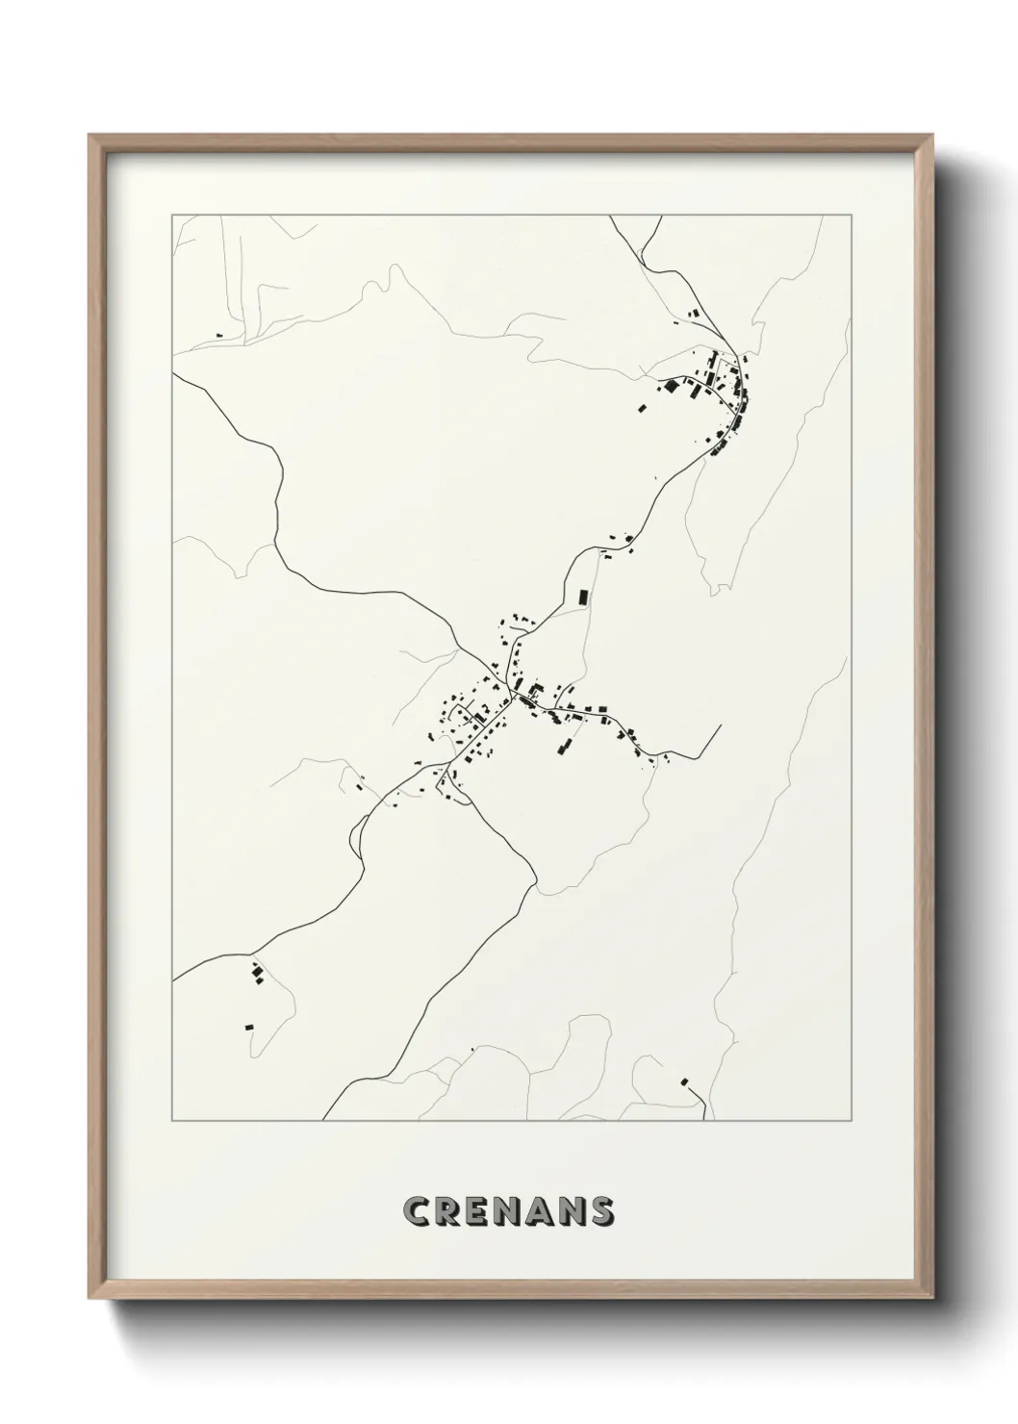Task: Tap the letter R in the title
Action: click(x=449, y=1211)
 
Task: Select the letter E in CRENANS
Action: click(x=479, y=1211)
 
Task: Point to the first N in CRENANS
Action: click(x=510, y=1211)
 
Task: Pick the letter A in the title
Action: click(x=542, y=1211)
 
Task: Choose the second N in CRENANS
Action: click(x=574, y=1211)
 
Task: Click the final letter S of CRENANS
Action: click(x=604, y=1211)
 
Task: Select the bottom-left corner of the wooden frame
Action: click(x=89, y=1296)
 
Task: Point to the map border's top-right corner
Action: click(x=850, y=216)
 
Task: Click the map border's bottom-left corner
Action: click(x=172, y=1120)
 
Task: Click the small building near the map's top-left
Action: click(x=217, y=334)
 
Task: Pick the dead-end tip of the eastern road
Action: click(x=721, y=726)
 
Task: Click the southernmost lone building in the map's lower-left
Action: click(x=248, y=1028)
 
